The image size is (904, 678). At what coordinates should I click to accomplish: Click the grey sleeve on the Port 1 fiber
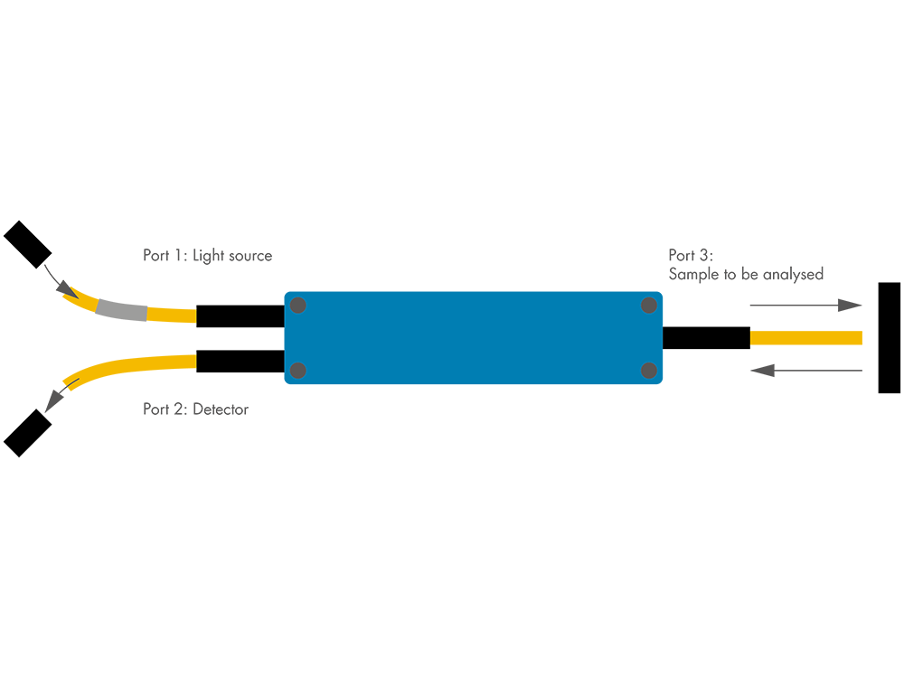[121, 310]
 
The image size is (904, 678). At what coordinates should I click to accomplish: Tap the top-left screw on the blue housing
[298, 306]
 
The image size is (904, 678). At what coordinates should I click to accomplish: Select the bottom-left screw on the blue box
[298, 370]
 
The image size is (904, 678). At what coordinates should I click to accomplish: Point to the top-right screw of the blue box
[648, 306]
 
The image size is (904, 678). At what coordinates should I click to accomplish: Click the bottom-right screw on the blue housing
[648, 370]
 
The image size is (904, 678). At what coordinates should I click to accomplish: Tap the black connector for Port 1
[240, 316]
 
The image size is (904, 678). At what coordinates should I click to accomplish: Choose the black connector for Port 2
[240, 361]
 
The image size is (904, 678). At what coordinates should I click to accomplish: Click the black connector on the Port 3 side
[706, 338]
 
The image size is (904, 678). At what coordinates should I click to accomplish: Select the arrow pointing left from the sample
[806, 370]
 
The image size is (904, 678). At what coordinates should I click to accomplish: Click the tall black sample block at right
[889, 337]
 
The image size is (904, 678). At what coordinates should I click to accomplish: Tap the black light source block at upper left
[28, 243]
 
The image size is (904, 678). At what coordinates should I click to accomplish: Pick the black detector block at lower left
[27, 433]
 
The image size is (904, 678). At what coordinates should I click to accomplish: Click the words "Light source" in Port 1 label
[232, 256]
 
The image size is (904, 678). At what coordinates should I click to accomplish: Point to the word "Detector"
[221, 410]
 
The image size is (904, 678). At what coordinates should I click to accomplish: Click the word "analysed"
[793, 274]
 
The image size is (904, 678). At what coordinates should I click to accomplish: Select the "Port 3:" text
[691, 255]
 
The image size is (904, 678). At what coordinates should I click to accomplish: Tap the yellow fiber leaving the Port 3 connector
[805, 338]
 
